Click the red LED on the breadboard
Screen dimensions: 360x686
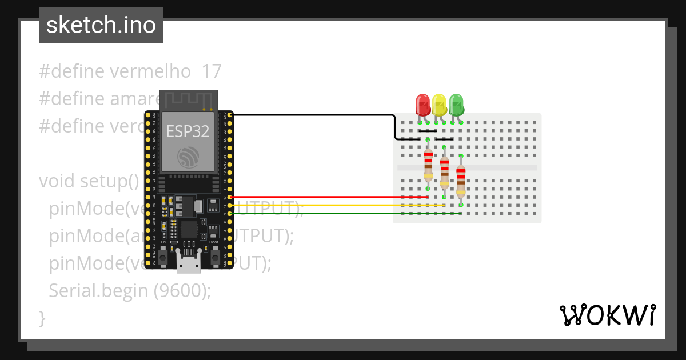click(x=422, y=105)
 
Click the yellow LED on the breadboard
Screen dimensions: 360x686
click(x=439, y=105)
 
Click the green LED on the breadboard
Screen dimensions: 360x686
click(x=456, y=105)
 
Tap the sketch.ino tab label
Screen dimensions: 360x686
click(x=101, y=25)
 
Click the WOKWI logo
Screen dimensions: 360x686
click(x=607, y=315)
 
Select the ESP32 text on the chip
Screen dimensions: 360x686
click(x=188, y=131)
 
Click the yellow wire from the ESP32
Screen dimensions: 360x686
click(x=332, y=205)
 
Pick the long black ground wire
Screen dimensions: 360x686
click(x=314, y=115)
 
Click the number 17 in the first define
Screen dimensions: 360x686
click(x=212, y=71)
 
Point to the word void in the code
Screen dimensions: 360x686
click(x=57, y=181)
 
